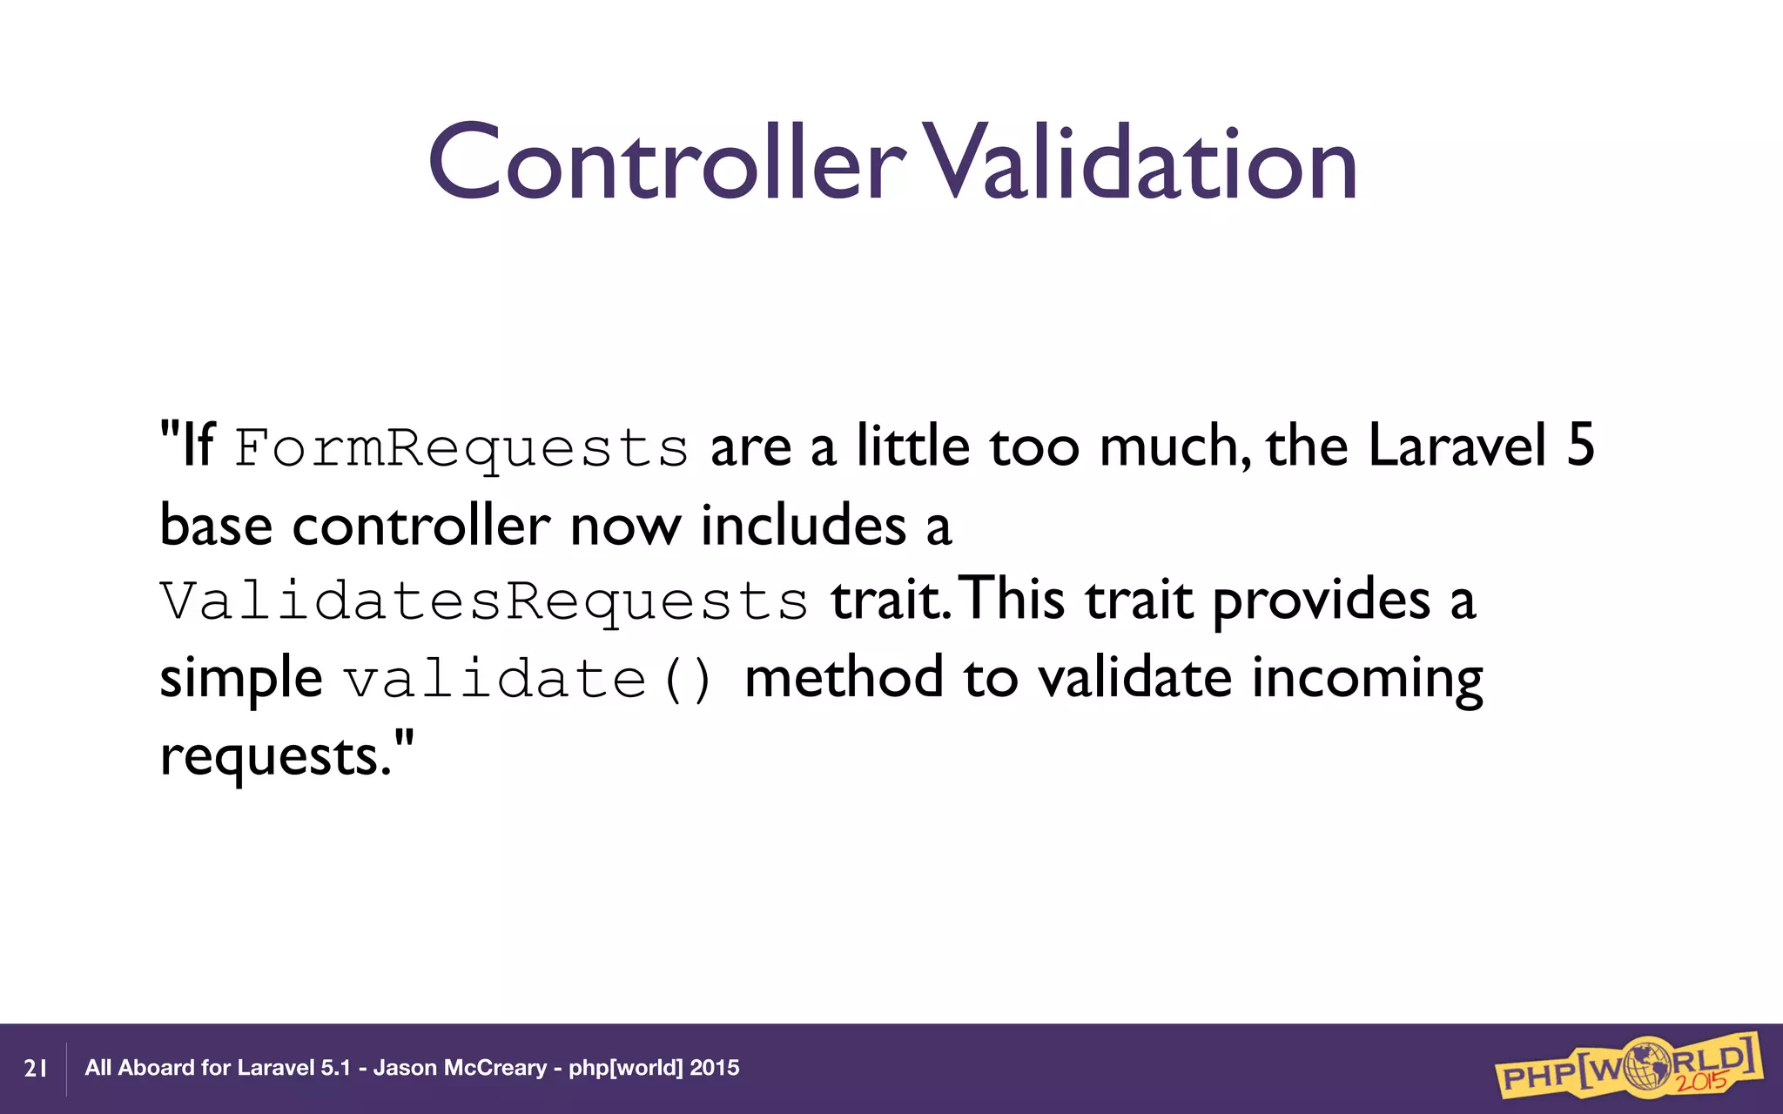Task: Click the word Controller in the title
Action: (x=666, y=162)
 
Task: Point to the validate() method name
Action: (x=528, y=680)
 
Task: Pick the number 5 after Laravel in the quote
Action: (x=1580, y=446)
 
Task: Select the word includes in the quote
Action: (x=804, y=526)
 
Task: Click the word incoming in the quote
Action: (x=1367, y=679)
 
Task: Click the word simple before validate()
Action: (x=241, y=679)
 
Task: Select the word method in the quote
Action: (x=844, y=679)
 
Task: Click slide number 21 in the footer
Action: (x=36, y=1069)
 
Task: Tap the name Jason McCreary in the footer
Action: (x=460, y=1068)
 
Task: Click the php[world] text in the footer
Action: (x=625, y=1068)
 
